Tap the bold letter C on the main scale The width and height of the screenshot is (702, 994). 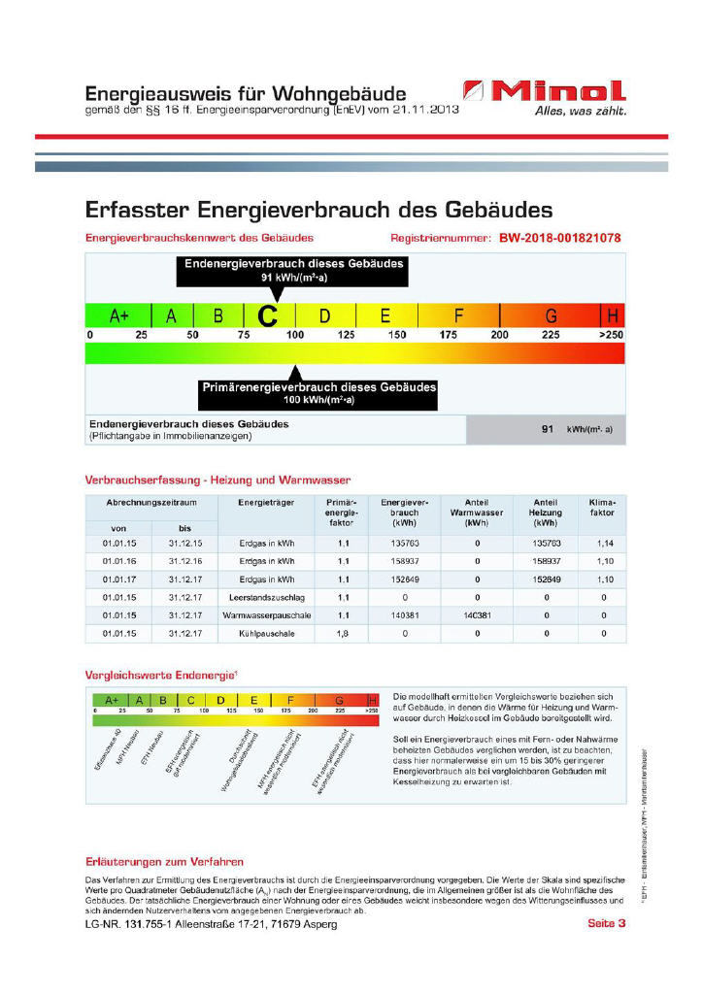(x=268, y=315)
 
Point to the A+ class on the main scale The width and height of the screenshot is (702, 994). (x=118, y=315)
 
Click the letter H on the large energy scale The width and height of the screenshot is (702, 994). (x=613, y=315)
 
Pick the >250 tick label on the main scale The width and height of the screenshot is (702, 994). (x=611, y=335)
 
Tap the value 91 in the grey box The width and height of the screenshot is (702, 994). (x=548, y=428)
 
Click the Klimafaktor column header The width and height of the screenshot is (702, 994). (x=602, y=507)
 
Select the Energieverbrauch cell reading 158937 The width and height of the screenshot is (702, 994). (x=404, y=561)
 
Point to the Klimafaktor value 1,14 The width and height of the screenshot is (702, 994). (x=603, y=544)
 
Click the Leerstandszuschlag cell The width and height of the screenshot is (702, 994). (x=261, y=597)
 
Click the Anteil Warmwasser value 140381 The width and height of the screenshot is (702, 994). (x=477, y=615)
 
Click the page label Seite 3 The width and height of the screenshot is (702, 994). (x=607, y=923)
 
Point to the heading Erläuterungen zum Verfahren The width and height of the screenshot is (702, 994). (x=164, y=861)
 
